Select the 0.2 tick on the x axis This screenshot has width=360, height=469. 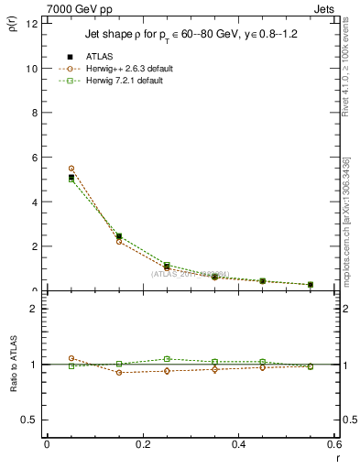coord(142,444)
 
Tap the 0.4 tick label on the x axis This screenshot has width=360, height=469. coord(238,444)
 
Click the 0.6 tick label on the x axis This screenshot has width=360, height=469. coord(333,444)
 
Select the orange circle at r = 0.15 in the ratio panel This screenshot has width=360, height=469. coord(119,373)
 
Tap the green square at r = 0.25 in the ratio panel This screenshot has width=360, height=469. coord(167,359)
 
